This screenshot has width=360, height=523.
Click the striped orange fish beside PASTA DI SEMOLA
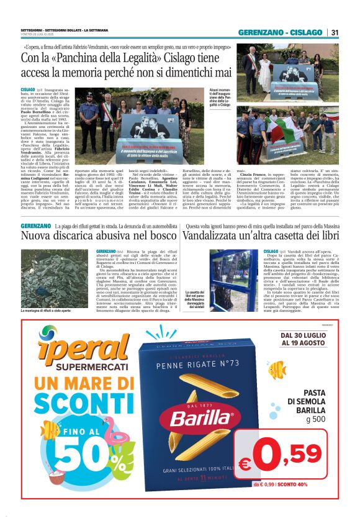[276, 370]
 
